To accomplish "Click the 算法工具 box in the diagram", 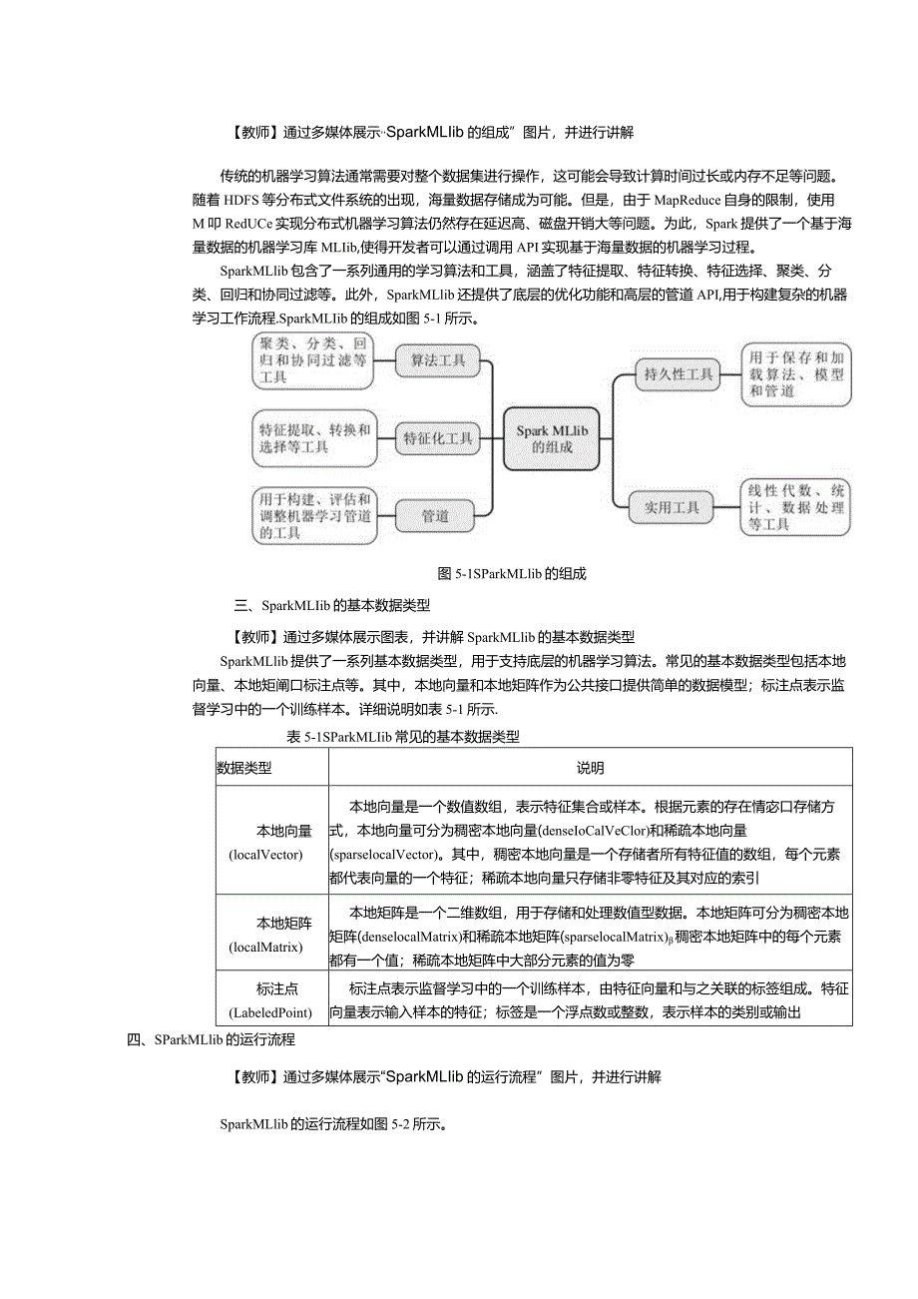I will [x=437, y=360].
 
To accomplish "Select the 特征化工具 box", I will [x=437, y=437].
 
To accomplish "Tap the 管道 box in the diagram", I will [x=435, y=515].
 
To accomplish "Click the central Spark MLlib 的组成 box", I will [x=551, y=438].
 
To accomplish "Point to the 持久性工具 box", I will [x=679, y=374].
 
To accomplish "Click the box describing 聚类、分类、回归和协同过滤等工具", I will [x=312, y=360].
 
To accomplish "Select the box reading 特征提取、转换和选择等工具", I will [x=314, y=438].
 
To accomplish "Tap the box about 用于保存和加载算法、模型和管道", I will [x=796, y=374].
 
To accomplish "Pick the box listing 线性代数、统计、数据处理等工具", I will [x=796, y=507].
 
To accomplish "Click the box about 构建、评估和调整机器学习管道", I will [x=314, y=515].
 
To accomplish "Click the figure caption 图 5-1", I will [x=511, y=574].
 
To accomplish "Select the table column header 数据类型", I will [x=244, y=768].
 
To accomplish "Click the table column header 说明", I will [x=590, y=768].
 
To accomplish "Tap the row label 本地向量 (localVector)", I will [x=271, y=842].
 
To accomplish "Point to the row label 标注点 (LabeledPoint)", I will [x=271, y=999].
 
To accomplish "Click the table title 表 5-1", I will [x=402, y=737].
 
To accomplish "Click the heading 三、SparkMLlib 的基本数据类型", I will [x=331, y=605].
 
